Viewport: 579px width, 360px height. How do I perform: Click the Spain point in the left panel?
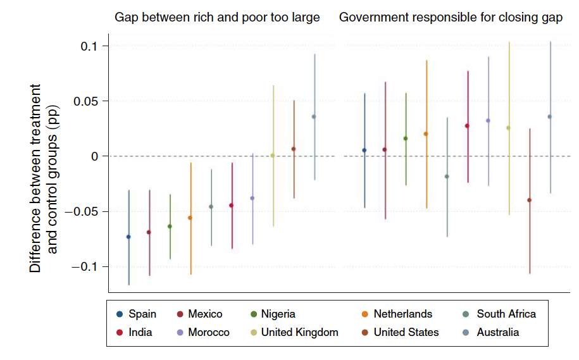(x=128, y=237)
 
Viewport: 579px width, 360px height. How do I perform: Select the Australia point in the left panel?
(x=314, y=116)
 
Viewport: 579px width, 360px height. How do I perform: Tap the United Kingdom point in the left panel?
(x=273, y=156)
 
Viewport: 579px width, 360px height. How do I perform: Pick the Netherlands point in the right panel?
(x=426, y=134)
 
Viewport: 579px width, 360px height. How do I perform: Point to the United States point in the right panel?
(x=529, y=200)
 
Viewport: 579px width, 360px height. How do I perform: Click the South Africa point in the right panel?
(x=447, y=177)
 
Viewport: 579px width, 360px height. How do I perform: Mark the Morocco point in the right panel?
(x=488, y=120)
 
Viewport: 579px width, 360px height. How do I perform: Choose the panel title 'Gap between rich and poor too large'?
(x=217, y=18)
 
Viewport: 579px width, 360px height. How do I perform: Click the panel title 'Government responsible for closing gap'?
(x=451, y=18)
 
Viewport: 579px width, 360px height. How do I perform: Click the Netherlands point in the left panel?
(x=190, y=218)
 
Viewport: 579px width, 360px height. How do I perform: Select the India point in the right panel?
(x=467, y=126)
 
